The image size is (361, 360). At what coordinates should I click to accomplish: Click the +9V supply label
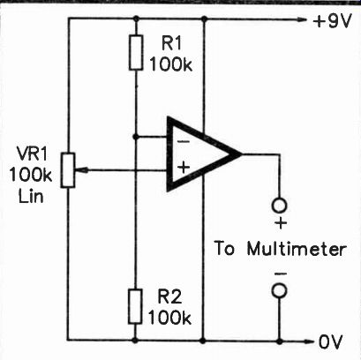pyautogui.click(x=333, y=21)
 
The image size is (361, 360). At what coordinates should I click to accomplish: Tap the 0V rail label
pyautogui.click(x=331, y=342)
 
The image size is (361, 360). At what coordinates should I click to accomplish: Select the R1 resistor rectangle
pyautogui.click(x=136, y=52)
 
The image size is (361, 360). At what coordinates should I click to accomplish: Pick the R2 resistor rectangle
pyautogui.click(x=135, y=306)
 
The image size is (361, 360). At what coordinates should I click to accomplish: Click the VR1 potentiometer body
pyautogui.click(x=68, y=170)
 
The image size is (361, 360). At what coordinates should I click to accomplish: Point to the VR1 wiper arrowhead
pyautogui.click(x=81, y=170)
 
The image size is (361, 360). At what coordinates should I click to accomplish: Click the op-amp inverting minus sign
pyautogui.click(x=184, y=142)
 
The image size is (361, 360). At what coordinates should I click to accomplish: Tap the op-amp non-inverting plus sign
pyautogui.click(x=184, y=169)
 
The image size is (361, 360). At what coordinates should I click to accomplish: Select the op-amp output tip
pyautogui.click(x=241, y=154)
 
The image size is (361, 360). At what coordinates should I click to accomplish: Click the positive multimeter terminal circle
pyautogui.click(x=280, y=205)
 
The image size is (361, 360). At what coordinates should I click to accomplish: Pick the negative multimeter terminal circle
pyautogui.click(x=280, y=290)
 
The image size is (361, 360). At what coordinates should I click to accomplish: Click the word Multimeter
pyautogui.click(x=297, y=250)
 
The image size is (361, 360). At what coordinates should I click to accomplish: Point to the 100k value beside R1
pyautogui.click(x=171, y=64)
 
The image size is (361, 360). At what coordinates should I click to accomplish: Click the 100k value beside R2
pyautogui.click(x=169, y=318)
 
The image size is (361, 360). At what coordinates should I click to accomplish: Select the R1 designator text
pyautogui.click(x=171, y=43)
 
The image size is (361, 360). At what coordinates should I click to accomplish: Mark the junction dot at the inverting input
pyautogui.click(x=135, y=137)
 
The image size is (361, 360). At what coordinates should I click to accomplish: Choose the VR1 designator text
pyautogui.click(x=32, y=154)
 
